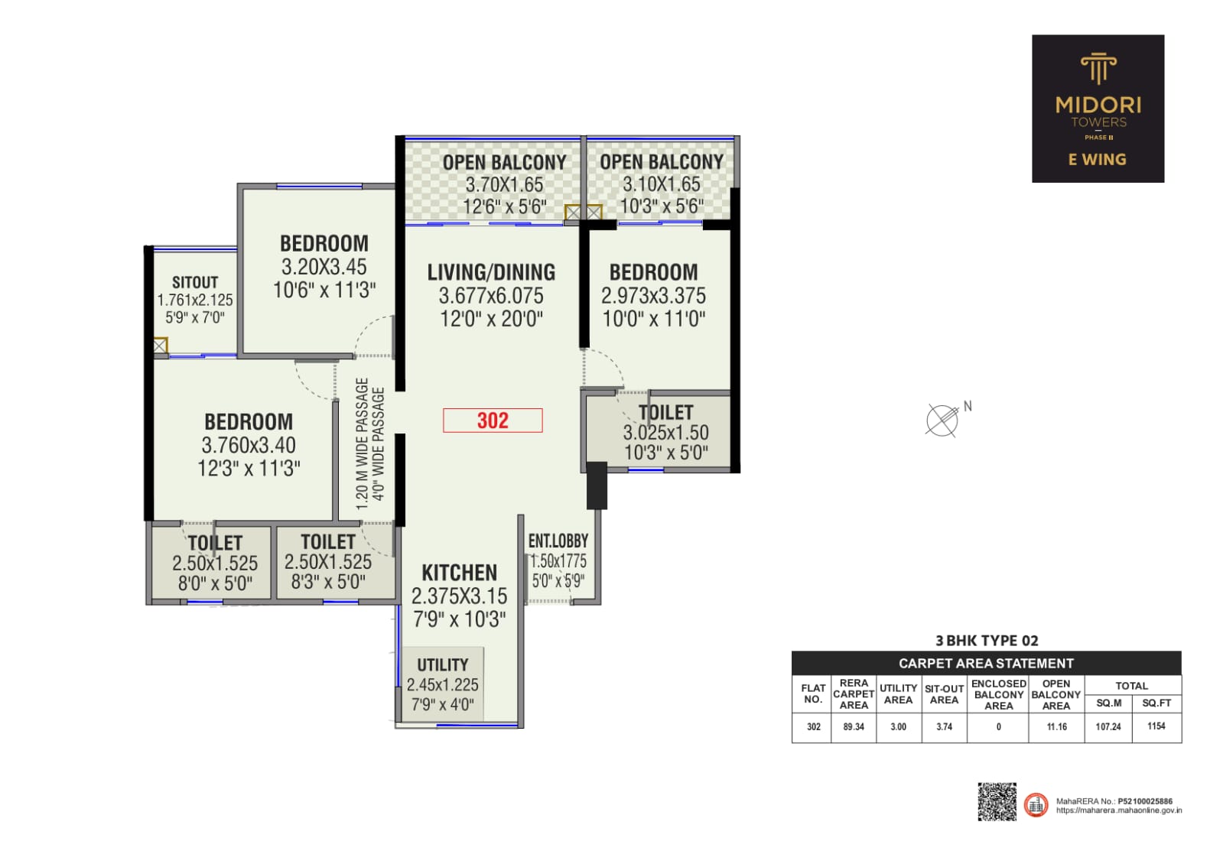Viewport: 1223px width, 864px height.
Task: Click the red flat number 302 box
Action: [x=493, y=421]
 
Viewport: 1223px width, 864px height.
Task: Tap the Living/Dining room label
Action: [x=491, y=272]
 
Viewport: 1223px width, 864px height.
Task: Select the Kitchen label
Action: [x=460, y=573]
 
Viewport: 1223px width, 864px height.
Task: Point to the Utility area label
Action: [x=443, y=664]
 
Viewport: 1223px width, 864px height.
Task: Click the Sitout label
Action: [x=195, y=282]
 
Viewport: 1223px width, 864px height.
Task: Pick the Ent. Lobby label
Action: [x=558, y=541]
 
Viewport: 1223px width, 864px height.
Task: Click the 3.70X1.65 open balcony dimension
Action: [x=505, y=184]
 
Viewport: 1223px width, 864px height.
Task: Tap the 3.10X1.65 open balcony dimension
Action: [x=662, y=184]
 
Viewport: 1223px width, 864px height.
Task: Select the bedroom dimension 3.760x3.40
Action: [x=249, y=445]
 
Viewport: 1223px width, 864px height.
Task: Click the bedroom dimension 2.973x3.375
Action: [x=653, y=296]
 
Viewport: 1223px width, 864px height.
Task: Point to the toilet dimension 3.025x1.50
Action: [x=666, y=433]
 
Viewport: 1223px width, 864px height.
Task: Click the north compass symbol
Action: [x=943, y=421]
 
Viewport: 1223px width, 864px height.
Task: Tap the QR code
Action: [x=997, y=801]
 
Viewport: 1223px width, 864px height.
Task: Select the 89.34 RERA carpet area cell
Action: [x=854, y=726]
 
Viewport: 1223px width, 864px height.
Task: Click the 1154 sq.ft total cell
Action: [x=1156, y=726]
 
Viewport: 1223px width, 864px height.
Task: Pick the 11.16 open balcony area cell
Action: [x=1056, y=726]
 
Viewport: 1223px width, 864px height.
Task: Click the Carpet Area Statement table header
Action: [x=987, y=663]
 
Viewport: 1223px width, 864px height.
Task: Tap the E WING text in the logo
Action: [x=1098, y=159]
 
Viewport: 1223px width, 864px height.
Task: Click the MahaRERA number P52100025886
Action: [x=1145, y=801]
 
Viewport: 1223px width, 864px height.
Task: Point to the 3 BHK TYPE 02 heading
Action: [x=987, y=640]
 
